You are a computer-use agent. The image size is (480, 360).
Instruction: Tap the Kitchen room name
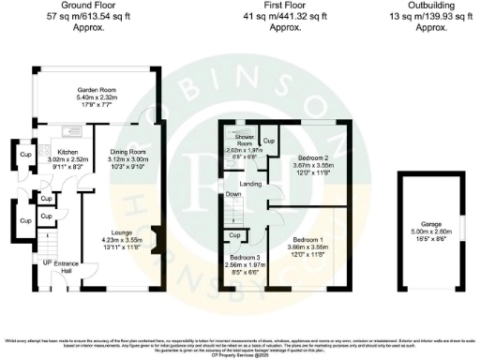coord(67,152)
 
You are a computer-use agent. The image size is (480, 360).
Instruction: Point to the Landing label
coord(250,184)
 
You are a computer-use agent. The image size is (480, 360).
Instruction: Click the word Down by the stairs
coord(233,195)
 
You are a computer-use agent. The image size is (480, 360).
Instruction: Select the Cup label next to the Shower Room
coord(268,142)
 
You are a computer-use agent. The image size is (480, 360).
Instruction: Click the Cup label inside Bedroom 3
coord(234,235)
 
